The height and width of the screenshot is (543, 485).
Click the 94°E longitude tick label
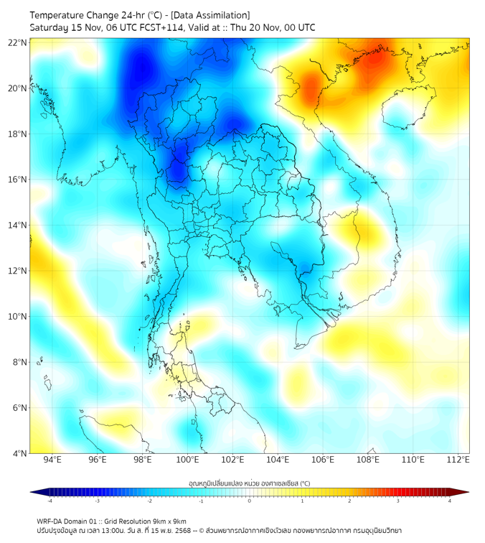pos(52,460)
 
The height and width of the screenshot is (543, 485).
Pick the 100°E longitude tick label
pos(187,460)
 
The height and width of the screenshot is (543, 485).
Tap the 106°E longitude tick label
pos(323,460)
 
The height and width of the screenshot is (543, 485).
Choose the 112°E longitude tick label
pos(458,460)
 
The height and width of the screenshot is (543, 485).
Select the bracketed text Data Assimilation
pos(211,15)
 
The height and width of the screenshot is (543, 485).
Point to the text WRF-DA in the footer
pos(50,521)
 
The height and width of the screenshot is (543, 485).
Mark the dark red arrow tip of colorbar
pos(466,492)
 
